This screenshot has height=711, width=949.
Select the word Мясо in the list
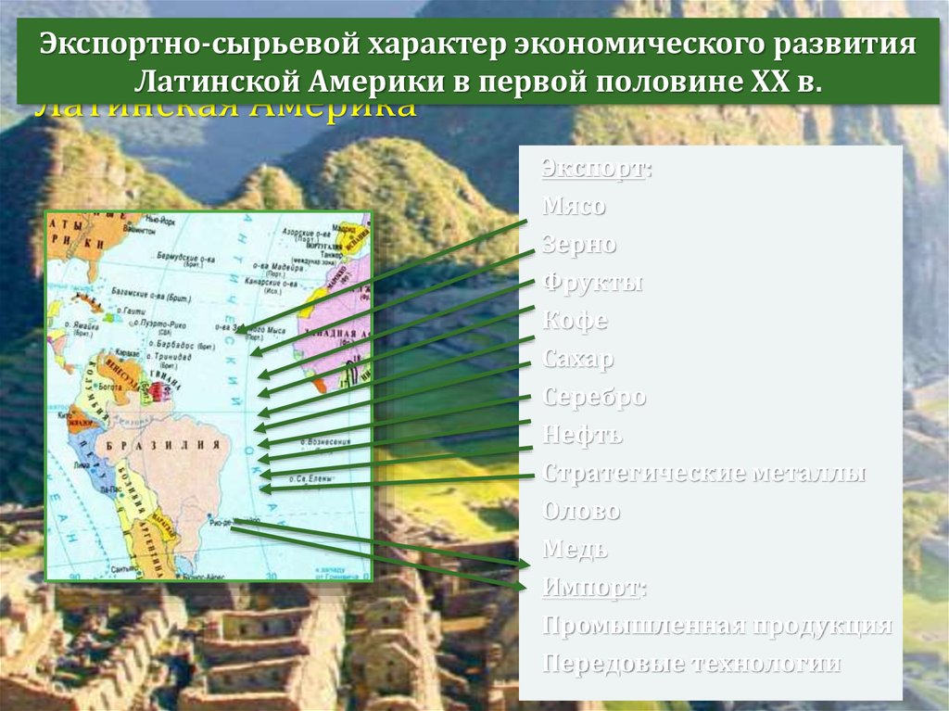click(x=574, y=207)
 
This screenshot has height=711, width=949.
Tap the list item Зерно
click(x=579, y=245)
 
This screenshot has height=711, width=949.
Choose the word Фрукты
click(x=592, y=283)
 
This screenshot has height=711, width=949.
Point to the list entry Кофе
click(x=575, y=321)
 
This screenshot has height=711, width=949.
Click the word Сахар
click(x=578, y=359)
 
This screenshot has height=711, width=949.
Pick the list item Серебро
click(x=594, y=397)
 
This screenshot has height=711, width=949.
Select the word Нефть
click(x=582, y=435)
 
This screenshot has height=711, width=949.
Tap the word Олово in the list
click(x=581, y=511)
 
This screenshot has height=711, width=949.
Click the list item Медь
click(x=575, y=549)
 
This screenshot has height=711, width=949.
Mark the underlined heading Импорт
click(x=594, y=587)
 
